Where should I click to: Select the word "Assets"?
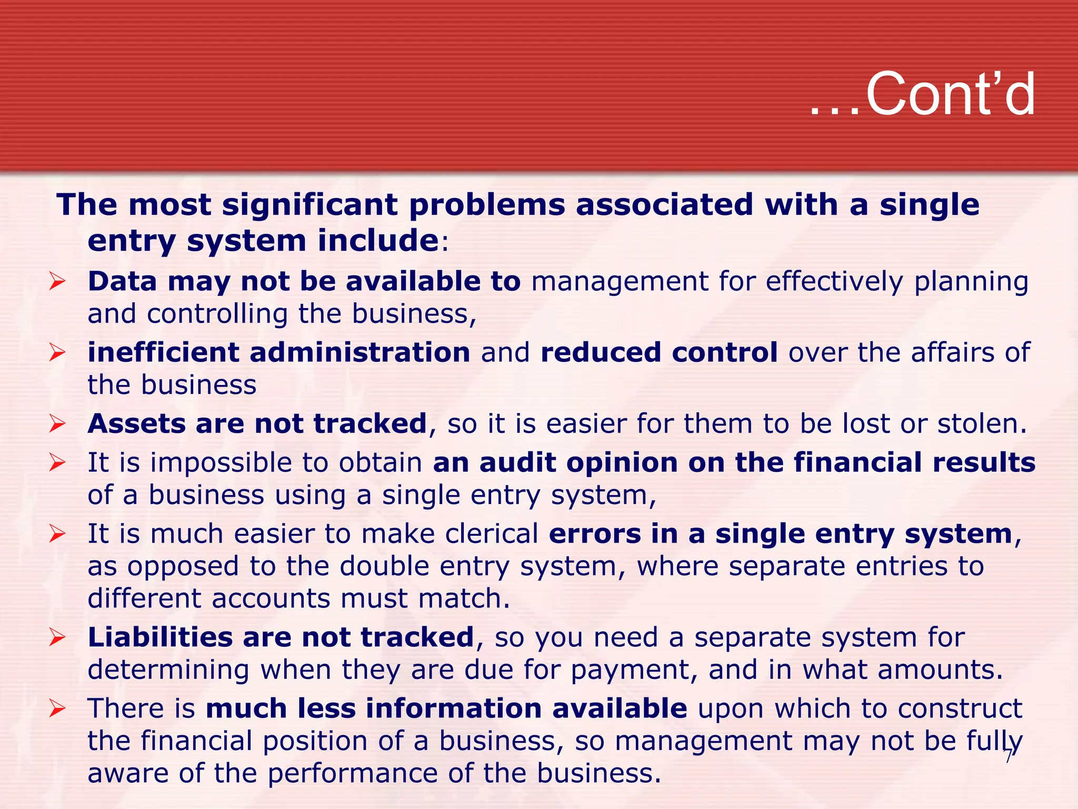137,423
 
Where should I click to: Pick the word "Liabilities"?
160,637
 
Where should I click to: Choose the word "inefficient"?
163,352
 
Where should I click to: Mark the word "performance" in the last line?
353,774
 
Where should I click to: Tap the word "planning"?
971,282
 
